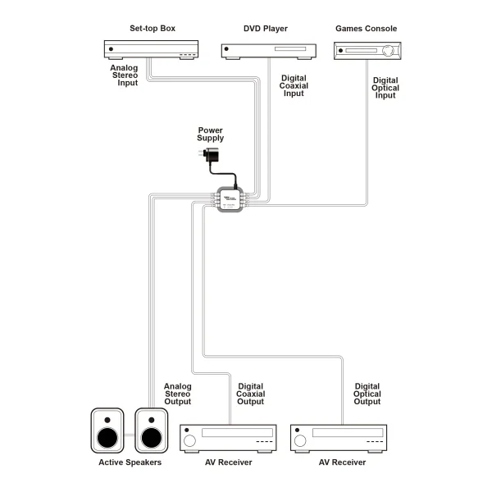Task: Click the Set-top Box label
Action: [x=152, y=29]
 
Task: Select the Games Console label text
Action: [x=366, y=29]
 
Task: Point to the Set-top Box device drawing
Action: [x=152, y=51]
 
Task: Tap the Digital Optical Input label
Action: [x=385, y=88]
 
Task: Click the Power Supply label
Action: [x=210, y=134]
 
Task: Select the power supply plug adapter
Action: [x=212, y=157]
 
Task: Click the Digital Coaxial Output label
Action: [x=250, y=394]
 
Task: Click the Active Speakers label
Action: [x=130, y=463]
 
